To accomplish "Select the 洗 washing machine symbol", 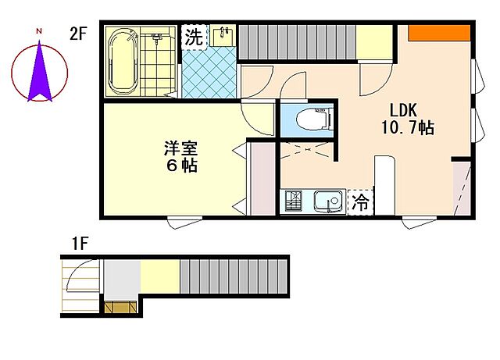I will click(x=193, y=36).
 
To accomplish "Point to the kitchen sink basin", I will click(x=327, y=201).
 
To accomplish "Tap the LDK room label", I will click(x=396, y=110).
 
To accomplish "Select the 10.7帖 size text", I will click(x=407, y=128).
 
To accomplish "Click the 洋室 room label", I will click(x=181, y=148).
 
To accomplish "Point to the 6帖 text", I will click(x=180, y=166).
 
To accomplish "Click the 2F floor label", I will click(x=77, y=34).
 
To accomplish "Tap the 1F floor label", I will click(x=80, y=243).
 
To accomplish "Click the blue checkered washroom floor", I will click(x=209, y=74).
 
